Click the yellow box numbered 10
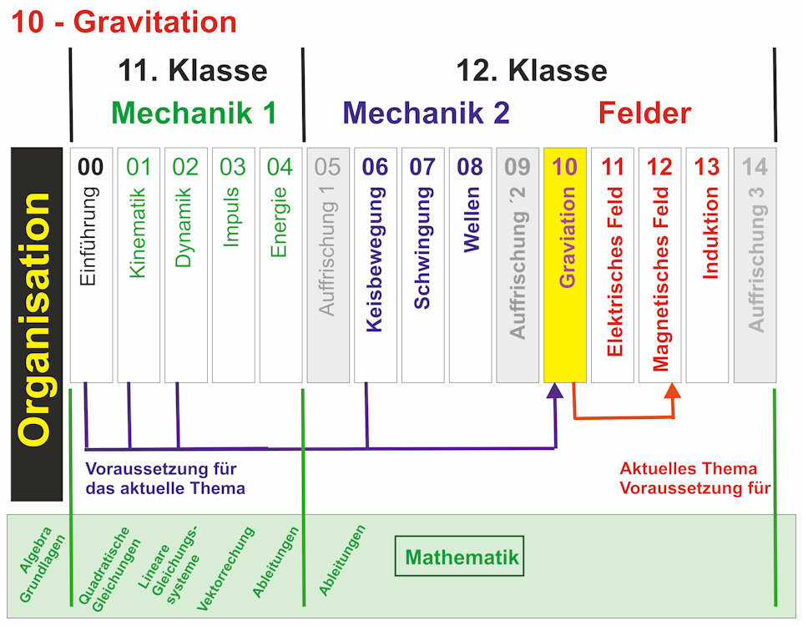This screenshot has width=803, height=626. coord(565,265)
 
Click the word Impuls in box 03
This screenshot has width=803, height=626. coord(232,216)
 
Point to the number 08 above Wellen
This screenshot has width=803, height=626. coord(470,167)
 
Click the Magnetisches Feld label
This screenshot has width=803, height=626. coord(660,279)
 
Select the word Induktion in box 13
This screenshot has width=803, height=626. coord(709,233)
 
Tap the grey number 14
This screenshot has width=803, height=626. coord(755,167)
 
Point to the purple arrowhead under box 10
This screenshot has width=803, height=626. coord(555,391)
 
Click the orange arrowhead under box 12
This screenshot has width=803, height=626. coord(674,391)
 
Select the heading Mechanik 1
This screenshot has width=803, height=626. coord(193,113)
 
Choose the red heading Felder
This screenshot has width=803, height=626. coord(644,113)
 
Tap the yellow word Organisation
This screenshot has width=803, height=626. coord(36,321)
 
